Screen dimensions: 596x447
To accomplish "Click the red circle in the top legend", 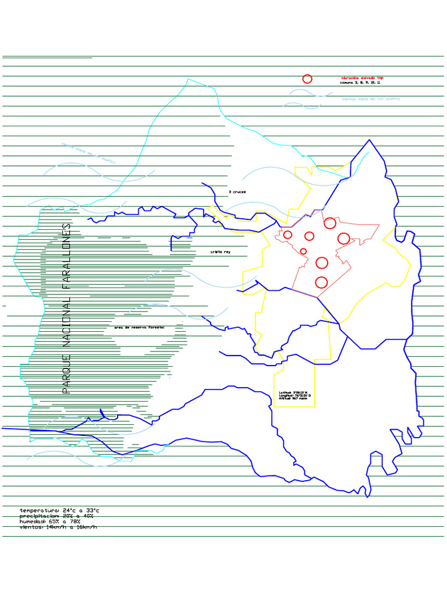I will [x=307, y=79].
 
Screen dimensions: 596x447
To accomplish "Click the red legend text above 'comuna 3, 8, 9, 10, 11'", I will [x=362, y=77].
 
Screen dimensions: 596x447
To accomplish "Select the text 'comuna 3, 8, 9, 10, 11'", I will [x=360, y=83].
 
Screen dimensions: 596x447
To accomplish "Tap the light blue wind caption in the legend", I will [x=371, y=99].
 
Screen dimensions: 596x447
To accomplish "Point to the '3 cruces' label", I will [x=237, y=191].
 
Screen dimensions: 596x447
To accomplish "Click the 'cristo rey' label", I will [x=220, y=252].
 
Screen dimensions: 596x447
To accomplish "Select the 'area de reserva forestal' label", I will [x=140, y=328].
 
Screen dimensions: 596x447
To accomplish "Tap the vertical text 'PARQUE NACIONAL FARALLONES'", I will [x=66, y=308].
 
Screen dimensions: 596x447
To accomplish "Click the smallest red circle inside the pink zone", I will [x=303, y=251].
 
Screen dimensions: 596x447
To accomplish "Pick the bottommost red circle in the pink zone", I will [x=321, y=283].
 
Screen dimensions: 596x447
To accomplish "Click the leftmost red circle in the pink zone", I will [x=288, y=235].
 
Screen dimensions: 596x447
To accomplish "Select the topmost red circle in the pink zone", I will [x=330, y=223].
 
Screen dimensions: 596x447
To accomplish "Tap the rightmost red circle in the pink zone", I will [x=343, y=238].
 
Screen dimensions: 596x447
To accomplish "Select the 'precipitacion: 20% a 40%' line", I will [x=56, y=516].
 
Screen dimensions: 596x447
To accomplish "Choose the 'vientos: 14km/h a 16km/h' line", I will [x=58, y=527].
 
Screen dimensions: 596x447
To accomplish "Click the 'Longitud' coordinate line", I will [x=295, y=396].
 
